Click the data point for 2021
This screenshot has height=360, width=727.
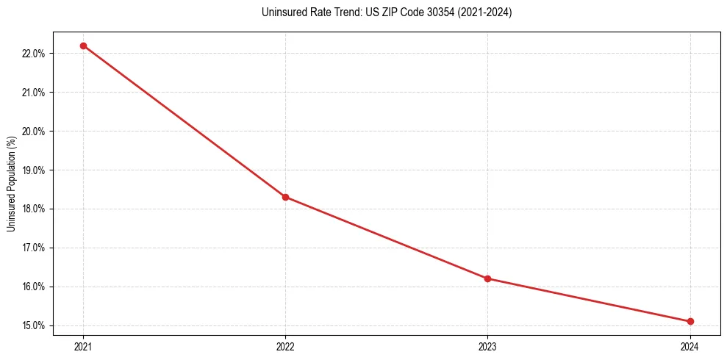coord(83,46)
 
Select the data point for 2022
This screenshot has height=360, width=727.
coord(285,197)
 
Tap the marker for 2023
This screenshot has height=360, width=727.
coord(487,278)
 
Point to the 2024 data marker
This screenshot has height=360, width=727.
coord(690,321)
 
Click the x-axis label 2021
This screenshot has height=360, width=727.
coord(83,346)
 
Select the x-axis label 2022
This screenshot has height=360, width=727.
coord(285,346)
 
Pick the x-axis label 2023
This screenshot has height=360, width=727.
coord(487,346)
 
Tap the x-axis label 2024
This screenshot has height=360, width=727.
coord(690,346)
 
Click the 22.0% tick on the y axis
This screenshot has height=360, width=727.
coord(36,54)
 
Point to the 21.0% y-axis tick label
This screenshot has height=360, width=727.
coord(36,93)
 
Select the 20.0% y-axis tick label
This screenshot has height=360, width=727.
coord(36,132)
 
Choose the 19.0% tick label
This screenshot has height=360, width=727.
coord(36,170)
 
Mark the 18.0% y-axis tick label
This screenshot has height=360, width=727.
coord(36,209)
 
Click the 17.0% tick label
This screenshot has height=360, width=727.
coord(36,248)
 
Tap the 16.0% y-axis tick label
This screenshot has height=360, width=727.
coord(36,287)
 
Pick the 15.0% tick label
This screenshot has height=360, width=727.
coord(36,325)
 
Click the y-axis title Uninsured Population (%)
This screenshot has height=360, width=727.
coord(11,184)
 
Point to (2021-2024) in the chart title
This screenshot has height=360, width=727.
coord(480,12)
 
